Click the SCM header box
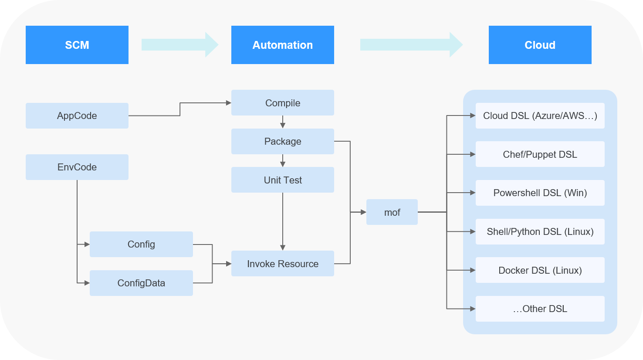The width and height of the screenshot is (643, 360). (77, 45)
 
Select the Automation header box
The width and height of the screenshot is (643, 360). (283, 45)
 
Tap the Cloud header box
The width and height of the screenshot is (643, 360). (540, 45)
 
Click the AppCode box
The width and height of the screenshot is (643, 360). (77, 115)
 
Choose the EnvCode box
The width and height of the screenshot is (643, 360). (77, 167)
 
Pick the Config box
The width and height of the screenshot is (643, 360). (141, 244)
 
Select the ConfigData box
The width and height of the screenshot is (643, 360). (141, 283)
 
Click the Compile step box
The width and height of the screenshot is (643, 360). (283, 103)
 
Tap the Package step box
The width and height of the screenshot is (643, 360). (283, 141)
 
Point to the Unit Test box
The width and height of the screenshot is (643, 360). (283, 180)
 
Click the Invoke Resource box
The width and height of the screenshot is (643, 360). (283, 264)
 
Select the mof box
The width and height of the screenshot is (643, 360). (392, 212)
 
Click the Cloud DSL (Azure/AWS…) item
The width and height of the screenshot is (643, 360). (540, 115)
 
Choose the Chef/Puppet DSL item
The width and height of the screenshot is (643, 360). (540, 154)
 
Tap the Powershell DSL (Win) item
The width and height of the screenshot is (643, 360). (540, 193)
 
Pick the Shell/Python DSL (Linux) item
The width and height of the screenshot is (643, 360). (540, 231)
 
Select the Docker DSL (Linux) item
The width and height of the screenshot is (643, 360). (540, 270)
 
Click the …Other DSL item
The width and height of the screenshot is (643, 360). (540, 309)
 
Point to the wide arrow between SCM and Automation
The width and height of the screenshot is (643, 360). (179, 44)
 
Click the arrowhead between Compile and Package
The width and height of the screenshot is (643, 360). (283, 125)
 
